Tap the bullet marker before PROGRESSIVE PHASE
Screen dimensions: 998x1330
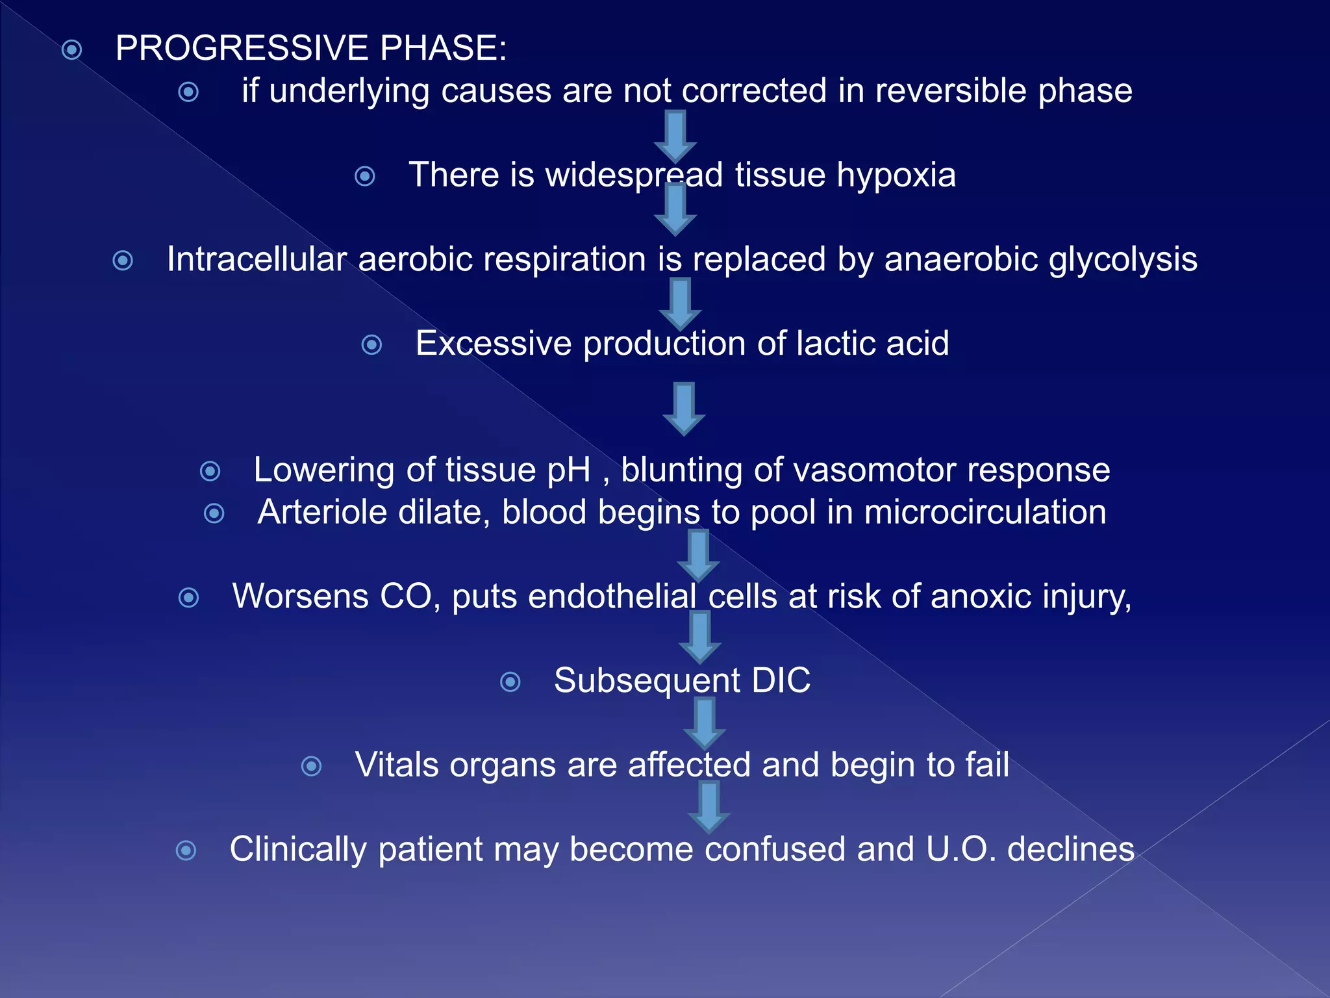pyautogui.click(x=72, y=50)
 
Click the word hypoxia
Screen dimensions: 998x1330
pyautogui.click(x=896, y=175)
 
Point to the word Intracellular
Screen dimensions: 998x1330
pyautogui.click(x=257, y=259)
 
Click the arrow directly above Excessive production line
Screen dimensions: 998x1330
pyautogui.click(x=680, y=304)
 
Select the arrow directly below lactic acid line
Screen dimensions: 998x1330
pyautogui.click(x=684, y=409)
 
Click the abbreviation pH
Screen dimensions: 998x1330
pyautogui.click(x=569, y=470)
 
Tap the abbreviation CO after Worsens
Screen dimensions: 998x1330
pyautogui.click(x=406, y=596)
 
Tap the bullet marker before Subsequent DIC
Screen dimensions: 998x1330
pyautogui.click(x=510, y=682)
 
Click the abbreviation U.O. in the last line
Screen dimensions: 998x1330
pyautogui.click(x=960, y=850)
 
